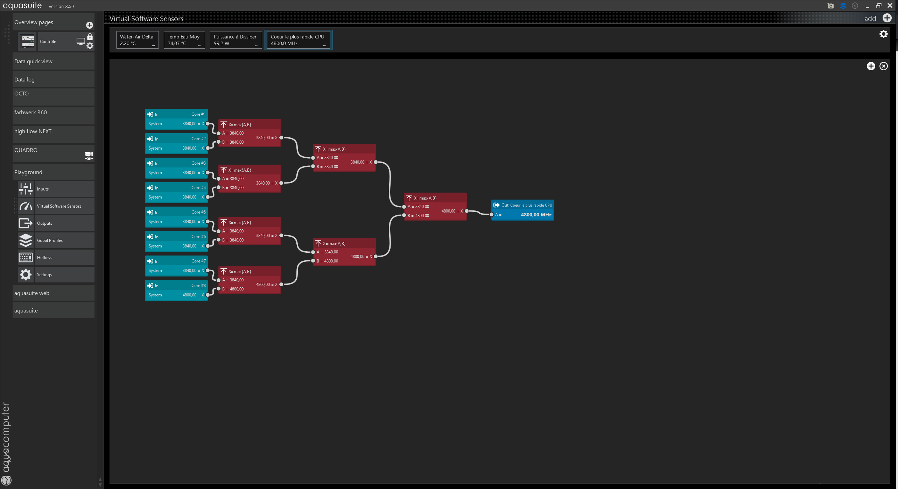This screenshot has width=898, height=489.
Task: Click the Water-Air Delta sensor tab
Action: (137, 40)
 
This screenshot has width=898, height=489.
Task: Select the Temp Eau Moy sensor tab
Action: (184, 40)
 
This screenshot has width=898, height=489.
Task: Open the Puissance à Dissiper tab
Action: (236, 40)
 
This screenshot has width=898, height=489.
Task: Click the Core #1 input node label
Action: (198, 114)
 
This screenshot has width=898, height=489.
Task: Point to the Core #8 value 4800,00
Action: (189, 295)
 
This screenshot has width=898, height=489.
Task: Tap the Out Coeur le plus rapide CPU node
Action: (522, 210)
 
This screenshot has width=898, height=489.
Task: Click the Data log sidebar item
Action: (54, 79)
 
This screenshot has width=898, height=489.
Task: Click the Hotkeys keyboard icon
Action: (26, 258)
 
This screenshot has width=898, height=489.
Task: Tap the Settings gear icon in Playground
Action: (26, 275)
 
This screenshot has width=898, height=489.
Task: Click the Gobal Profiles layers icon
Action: (26, 240)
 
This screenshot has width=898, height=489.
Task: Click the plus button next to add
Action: (887, 18)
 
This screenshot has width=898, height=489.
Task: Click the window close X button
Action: (890, 6)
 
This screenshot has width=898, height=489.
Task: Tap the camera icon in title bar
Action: (830, 6)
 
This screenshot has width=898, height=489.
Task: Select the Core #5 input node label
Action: (198, 212)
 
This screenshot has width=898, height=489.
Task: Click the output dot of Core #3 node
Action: (208, 173)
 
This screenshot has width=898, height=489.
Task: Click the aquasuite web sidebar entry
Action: (54, 293)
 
